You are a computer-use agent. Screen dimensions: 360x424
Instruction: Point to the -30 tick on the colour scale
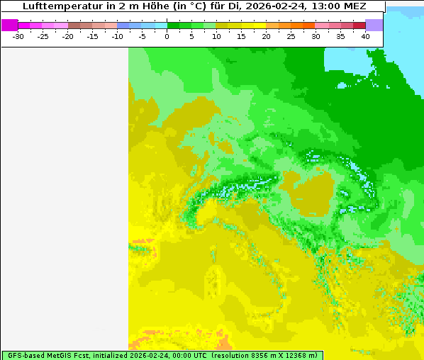point(18,36)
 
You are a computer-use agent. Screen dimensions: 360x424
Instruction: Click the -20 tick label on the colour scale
point(67,36)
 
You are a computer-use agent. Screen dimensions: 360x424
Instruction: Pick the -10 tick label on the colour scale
point(117,36)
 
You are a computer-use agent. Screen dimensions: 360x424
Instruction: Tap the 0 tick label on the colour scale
point(167,36)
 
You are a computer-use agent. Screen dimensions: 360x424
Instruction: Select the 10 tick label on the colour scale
point(216,36)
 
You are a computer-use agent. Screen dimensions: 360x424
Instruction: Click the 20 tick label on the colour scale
point(266,36)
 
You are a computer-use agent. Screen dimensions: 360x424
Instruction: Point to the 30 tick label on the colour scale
point(316,36)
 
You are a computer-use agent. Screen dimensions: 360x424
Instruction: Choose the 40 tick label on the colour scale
point(365,36)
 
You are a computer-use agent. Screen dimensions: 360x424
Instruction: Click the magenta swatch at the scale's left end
point(9,25)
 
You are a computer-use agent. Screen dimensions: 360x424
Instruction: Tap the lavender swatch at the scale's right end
point(374,25)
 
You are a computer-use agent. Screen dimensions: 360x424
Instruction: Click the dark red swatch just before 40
point(359,25)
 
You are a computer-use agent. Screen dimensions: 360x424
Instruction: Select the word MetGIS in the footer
point(59,355)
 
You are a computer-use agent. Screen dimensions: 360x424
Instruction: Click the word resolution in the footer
point(233,355)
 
